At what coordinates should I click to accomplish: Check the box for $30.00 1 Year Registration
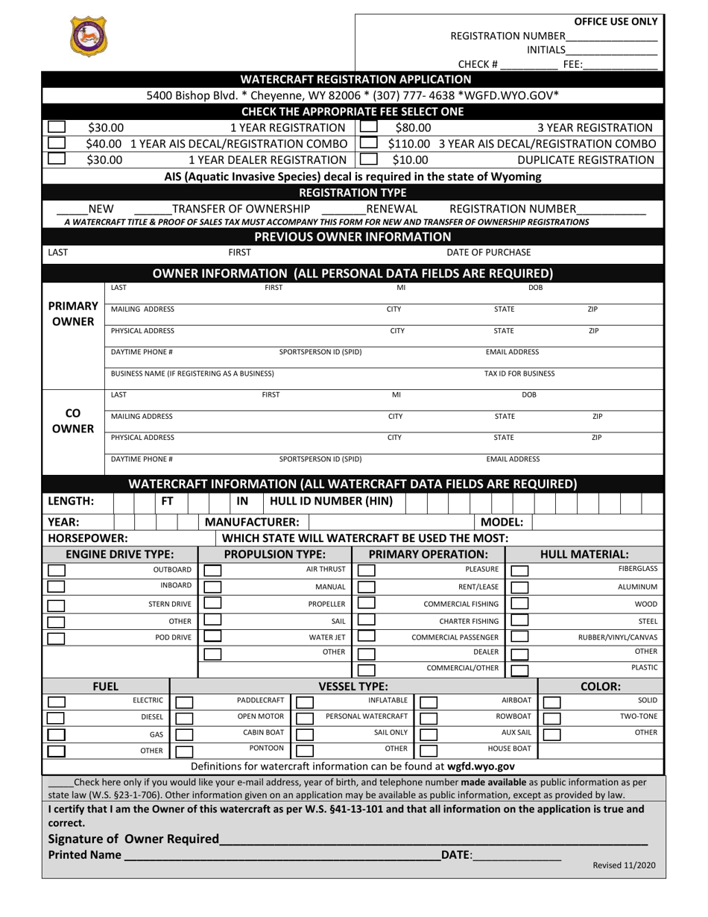(57, 127)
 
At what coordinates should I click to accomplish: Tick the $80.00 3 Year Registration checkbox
(368, 127)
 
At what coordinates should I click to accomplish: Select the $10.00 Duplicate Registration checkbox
(368, 159)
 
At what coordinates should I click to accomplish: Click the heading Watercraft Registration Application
(355, 79)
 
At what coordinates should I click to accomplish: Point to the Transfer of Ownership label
(241, 209)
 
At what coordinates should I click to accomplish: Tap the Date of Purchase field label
(488, 253)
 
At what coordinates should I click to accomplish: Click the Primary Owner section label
(73, 314)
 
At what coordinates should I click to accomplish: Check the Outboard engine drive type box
(56, 570)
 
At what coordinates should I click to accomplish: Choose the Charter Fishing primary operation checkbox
(367, 620)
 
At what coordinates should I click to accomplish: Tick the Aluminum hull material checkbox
(520, 587)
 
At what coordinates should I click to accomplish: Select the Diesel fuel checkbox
(56, 717)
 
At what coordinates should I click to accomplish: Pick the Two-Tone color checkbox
(551, 717)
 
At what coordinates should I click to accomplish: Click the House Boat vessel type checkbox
(428, 750)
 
